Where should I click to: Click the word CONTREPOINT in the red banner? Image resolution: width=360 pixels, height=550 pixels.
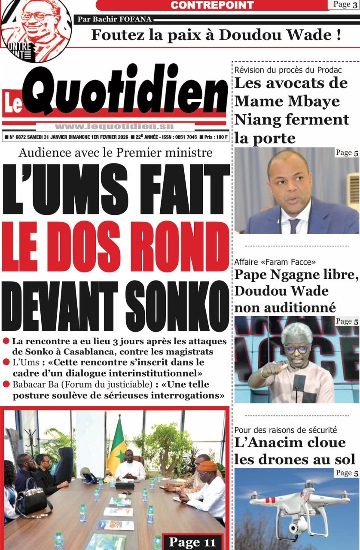point(212,5)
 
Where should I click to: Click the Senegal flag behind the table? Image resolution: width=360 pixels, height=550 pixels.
point(116,442)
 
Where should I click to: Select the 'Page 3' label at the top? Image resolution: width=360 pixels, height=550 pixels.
point(342,5)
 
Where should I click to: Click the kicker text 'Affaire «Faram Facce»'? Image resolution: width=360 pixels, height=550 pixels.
point(275,262)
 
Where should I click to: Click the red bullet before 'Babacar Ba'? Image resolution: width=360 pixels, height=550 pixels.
point(6,385)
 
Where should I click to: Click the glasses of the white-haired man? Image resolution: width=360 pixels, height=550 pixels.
point(296,349)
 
